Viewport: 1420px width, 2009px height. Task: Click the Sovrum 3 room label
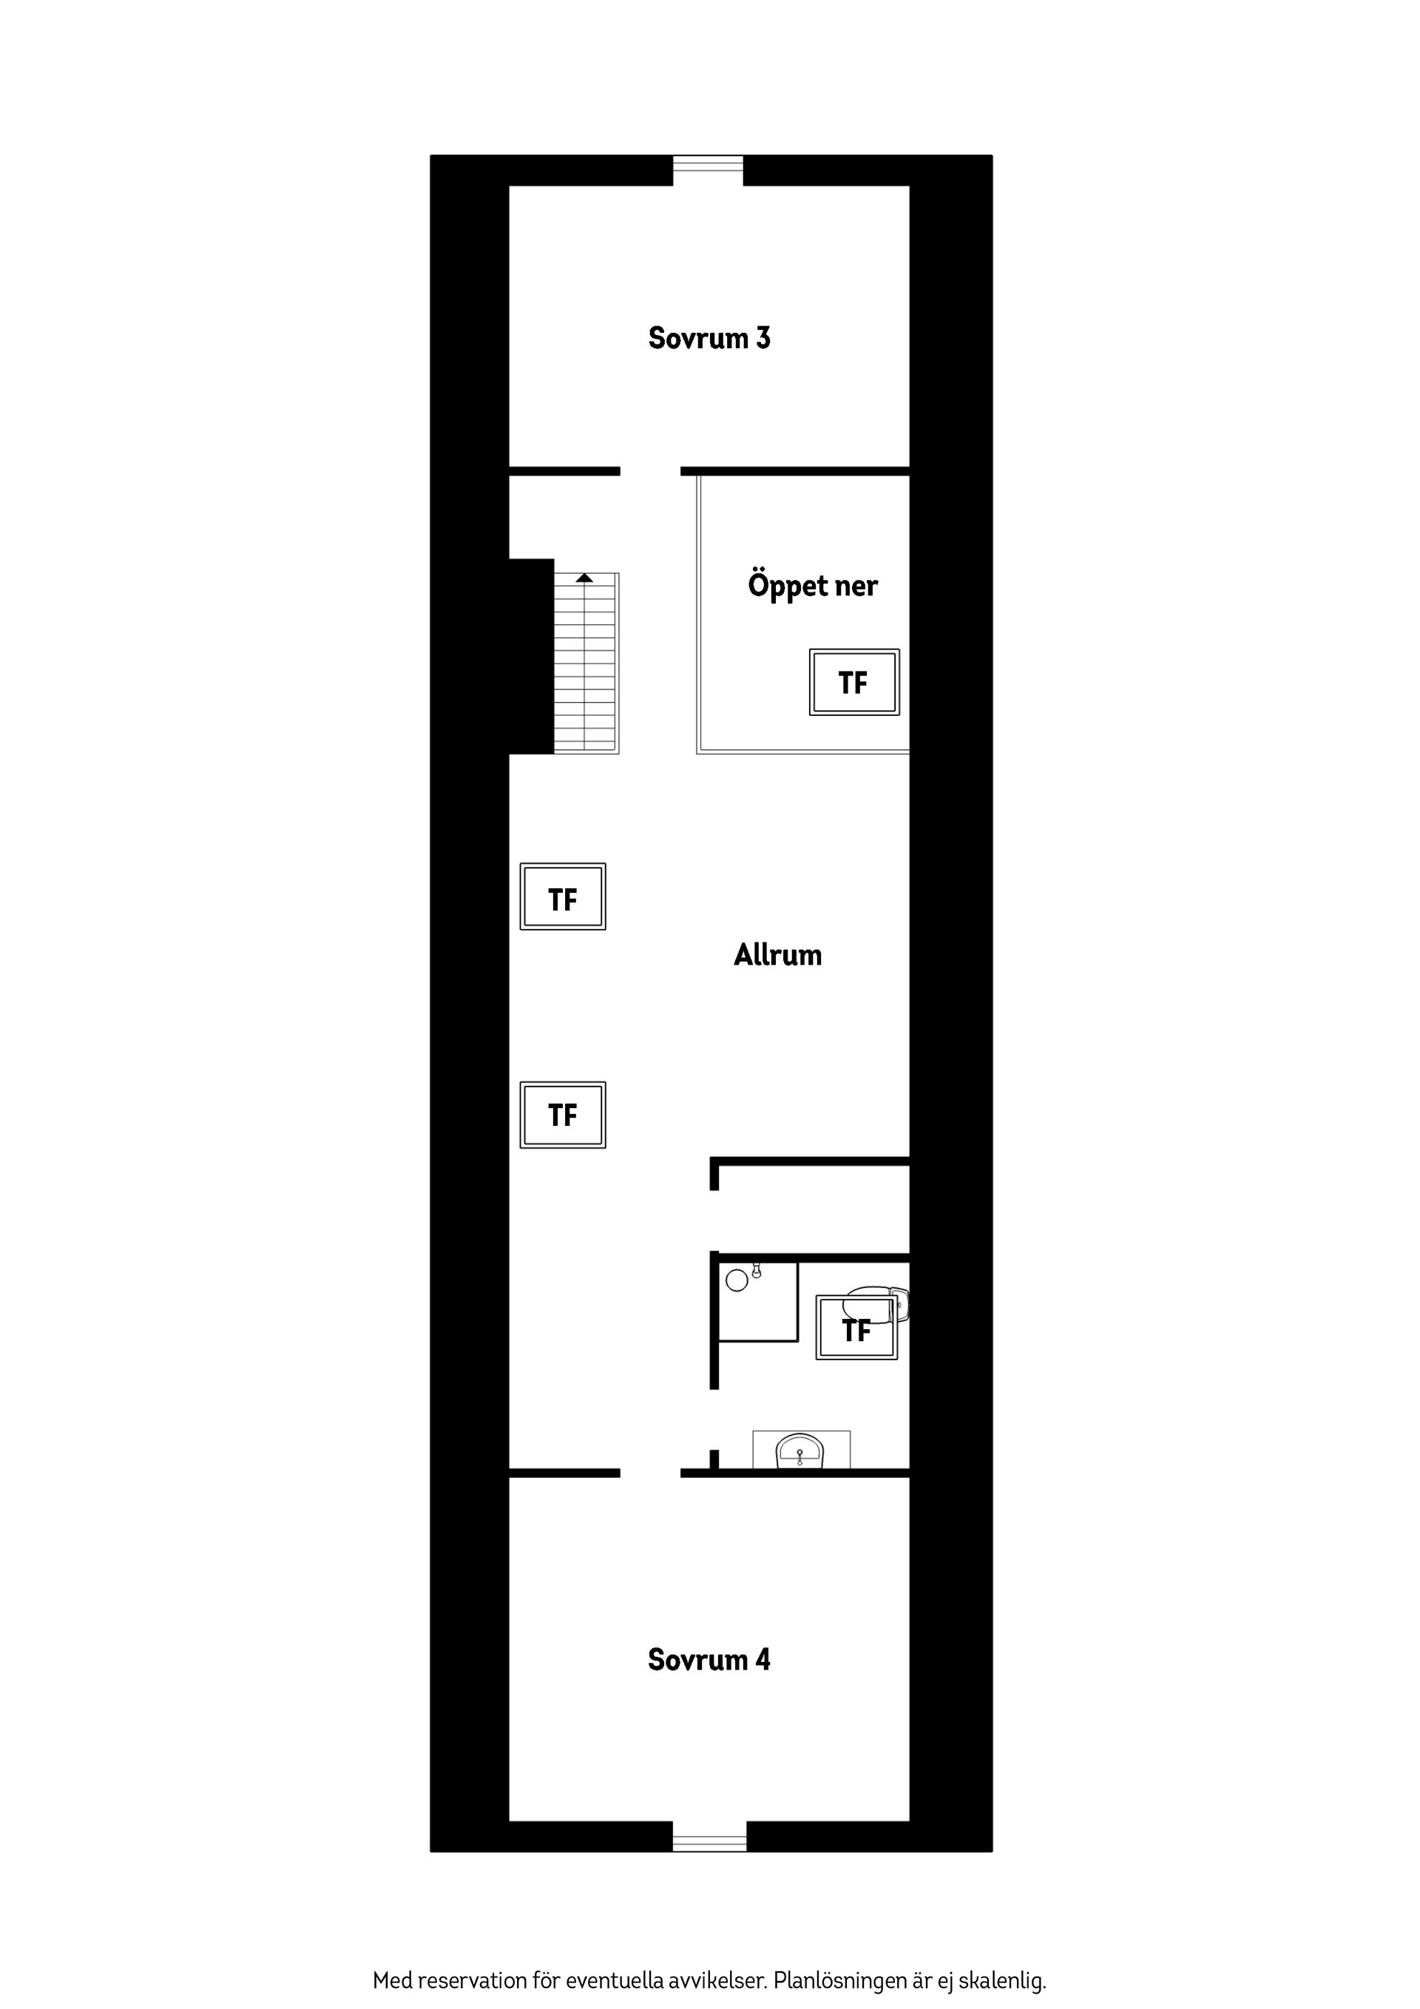tap(709, 338)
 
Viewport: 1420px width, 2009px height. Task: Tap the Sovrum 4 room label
tap(709, 1659)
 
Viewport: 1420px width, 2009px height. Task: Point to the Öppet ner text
tap(812, 585)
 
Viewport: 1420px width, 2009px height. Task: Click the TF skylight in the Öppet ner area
tap(854, 683)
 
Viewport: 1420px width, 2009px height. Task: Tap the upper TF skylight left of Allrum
tap(563, 897)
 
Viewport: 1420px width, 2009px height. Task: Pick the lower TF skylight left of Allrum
tap(563, 1115)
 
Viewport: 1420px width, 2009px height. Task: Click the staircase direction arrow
tap(584, 578)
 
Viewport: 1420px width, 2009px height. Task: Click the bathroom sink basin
tap(799, 1453)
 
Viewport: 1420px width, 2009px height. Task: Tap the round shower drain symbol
tap(737, 1281)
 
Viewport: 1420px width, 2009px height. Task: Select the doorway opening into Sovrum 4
tap(650, 1473)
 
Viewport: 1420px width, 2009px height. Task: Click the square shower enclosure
tap(757, 1301)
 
